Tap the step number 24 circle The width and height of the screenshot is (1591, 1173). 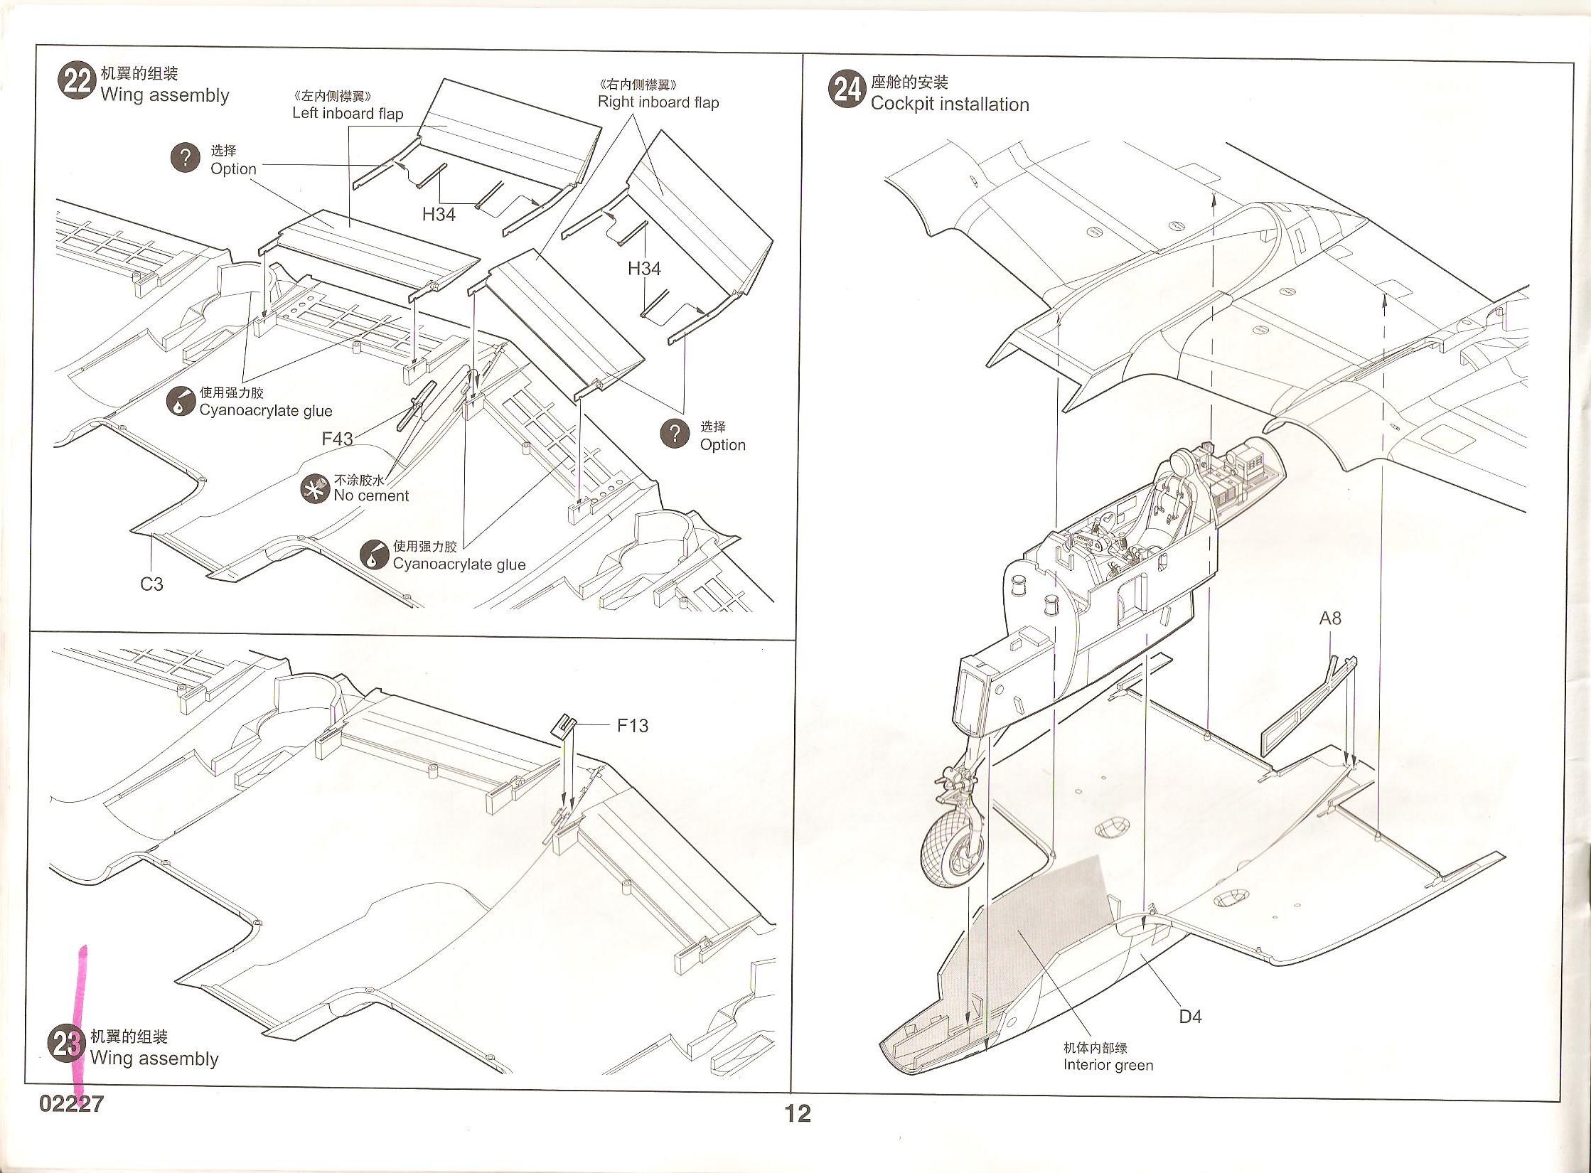point(847,91)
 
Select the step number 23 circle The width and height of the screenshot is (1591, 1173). point(66,1045)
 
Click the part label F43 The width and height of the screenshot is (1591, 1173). point(337,439)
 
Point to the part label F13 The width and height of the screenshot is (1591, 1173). point(632,726)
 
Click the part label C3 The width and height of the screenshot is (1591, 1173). point(151,584)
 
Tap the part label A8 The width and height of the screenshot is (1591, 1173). point(1330,618)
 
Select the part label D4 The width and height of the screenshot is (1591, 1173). point(1190,1017)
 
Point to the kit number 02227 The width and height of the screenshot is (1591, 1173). point(72,1104)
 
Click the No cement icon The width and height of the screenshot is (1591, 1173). point(314,490)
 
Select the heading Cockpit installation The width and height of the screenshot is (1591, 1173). point(950,105)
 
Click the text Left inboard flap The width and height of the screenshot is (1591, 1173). point(348,113)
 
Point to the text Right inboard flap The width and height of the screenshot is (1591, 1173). point(658,102)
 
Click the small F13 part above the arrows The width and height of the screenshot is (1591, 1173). point(564,724)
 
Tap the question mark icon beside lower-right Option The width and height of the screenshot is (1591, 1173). point(675,434)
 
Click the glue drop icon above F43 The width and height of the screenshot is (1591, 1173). point(181,402)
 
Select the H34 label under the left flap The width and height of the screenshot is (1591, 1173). point(439,214)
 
